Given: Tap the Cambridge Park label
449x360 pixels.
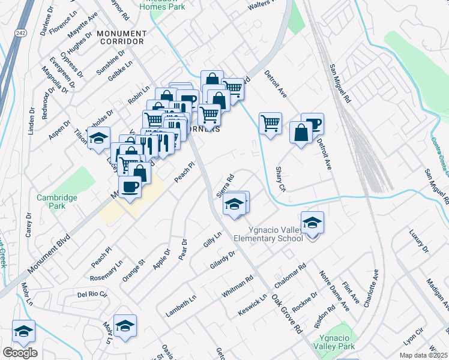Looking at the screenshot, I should (x=57, y=202).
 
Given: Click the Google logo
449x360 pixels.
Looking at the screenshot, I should (x=20, y=353).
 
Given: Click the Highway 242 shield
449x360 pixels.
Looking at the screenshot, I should (x=20, y=32).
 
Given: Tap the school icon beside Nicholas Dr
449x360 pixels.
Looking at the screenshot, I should (x=98, y=138).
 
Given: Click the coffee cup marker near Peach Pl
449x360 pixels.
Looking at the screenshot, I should (x=130, y=187).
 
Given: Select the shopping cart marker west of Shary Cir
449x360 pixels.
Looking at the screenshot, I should (x=271, y=124).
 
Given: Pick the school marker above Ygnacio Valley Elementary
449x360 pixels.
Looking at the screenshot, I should (x=312, y=223).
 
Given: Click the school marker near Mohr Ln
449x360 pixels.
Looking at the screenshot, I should (x=125, y=326).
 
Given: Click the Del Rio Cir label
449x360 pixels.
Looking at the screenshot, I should (x=92, y=295).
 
